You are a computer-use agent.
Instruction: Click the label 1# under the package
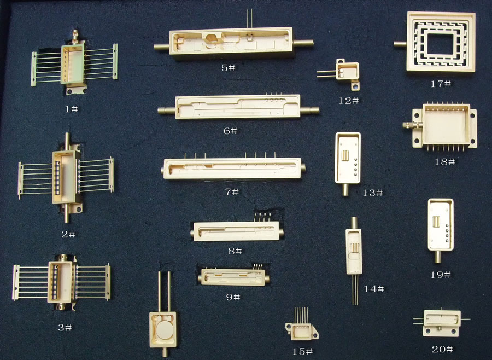point(71,109)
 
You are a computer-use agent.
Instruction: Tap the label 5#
point(229,67)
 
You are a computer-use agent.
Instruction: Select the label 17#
point(441,84)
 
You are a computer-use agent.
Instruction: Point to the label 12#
point(349,101)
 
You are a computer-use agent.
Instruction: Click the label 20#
point(442,349)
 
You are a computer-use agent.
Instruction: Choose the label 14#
point(374,289)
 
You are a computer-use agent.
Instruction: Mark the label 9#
point(233,297)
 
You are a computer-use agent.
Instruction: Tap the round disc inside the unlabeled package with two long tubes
point(165,330)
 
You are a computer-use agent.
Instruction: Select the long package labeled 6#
point(238,107)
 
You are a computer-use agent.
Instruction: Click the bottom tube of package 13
point(345,189)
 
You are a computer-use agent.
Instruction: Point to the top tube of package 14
point(354,223)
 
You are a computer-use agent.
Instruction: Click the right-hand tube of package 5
point(303,43)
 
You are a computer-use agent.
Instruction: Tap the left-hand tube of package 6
point(166,111)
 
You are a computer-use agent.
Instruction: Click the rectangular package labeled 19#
point(440,230)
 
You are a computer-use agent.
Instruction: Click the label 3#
point(65,328)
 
